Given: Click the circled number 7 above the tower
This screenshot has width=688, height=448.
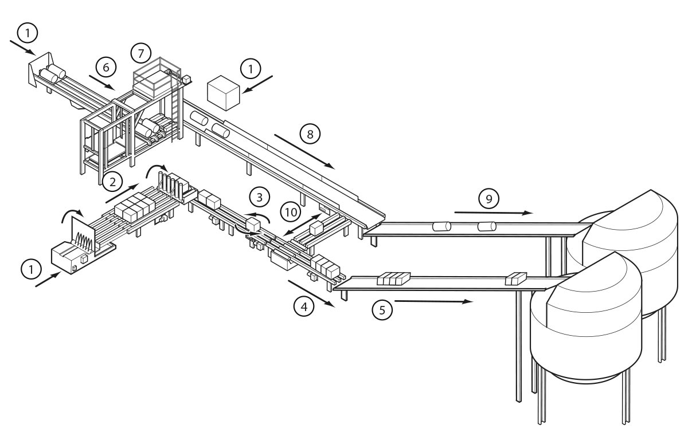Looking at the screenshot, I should (x=140, y=53).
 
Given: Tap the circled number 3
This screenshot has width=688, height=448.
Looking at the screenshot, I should (x=260, y=198).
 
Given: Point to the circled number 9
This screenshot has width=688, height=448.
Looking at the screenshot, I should (x=489, y=199).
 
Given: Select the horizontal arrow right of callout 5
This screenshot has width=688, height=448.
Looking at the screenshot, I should (x=433, y=300).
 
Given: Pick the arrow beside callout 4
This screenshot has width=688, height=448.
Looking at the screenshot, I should (x=310, y=293).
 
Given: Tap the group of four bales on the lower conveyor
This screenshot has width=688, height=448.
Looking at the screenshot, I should (x=393, y=279).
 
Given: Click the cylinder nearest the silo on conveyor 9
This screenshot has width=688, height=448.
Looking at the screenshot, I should (x=487, y=227).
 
